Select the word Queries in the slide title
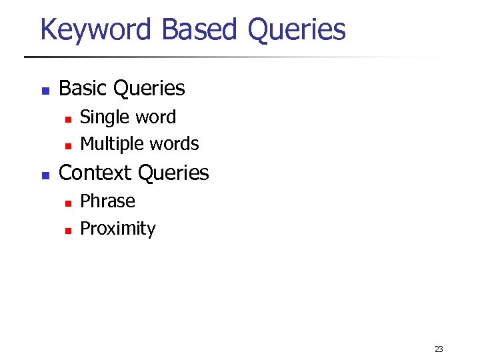coord(296,30)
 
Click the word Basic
coord(84,88)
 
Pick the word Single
coord(105,117)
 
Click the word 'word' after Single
coord(155,117)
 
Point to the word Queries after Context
coord(173,173)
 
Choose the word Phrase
coord(107,201)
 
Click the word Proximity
coord(118,229)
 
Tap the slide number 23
coord(438,349)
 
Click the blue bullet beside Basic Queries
coord(45,90)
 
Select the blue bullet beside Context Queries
coord(45,175)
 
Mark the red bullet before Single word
coord(67,119)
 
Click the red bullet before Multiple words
coord(67,146)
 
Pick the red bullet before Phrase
coord(67,203)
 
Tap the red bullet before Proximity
coord(67,231)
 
